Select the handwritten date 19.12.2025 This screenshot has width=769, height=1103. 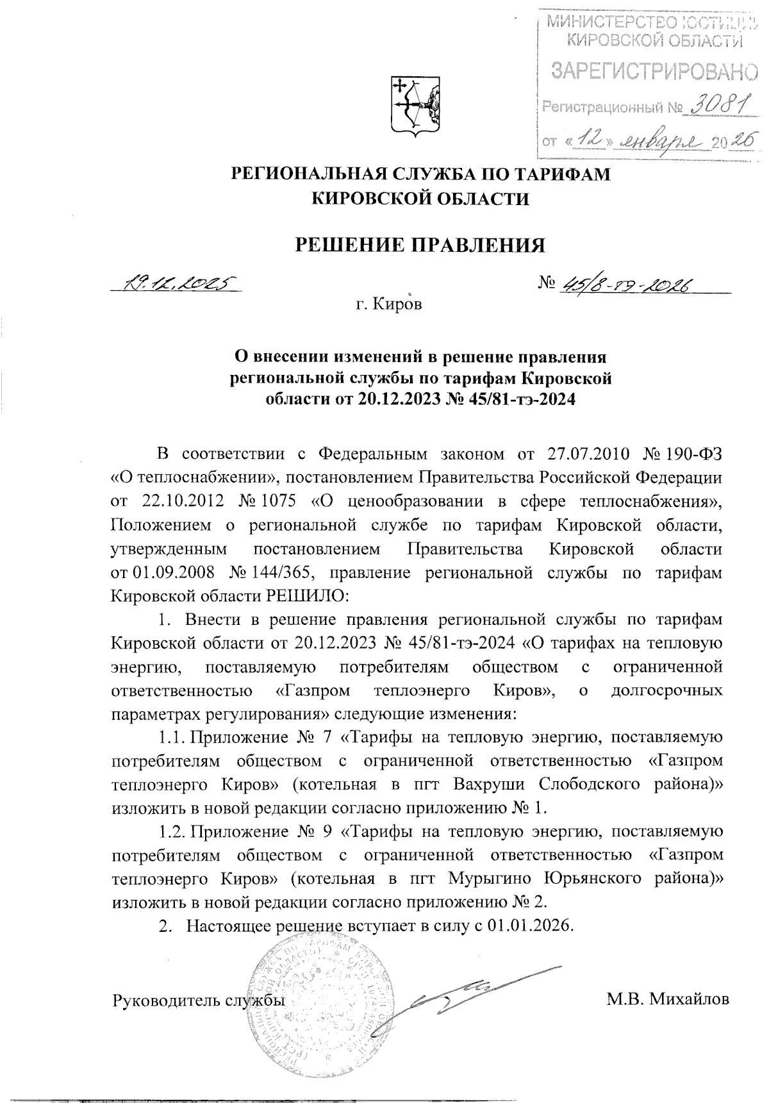(x=174, y=283)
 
